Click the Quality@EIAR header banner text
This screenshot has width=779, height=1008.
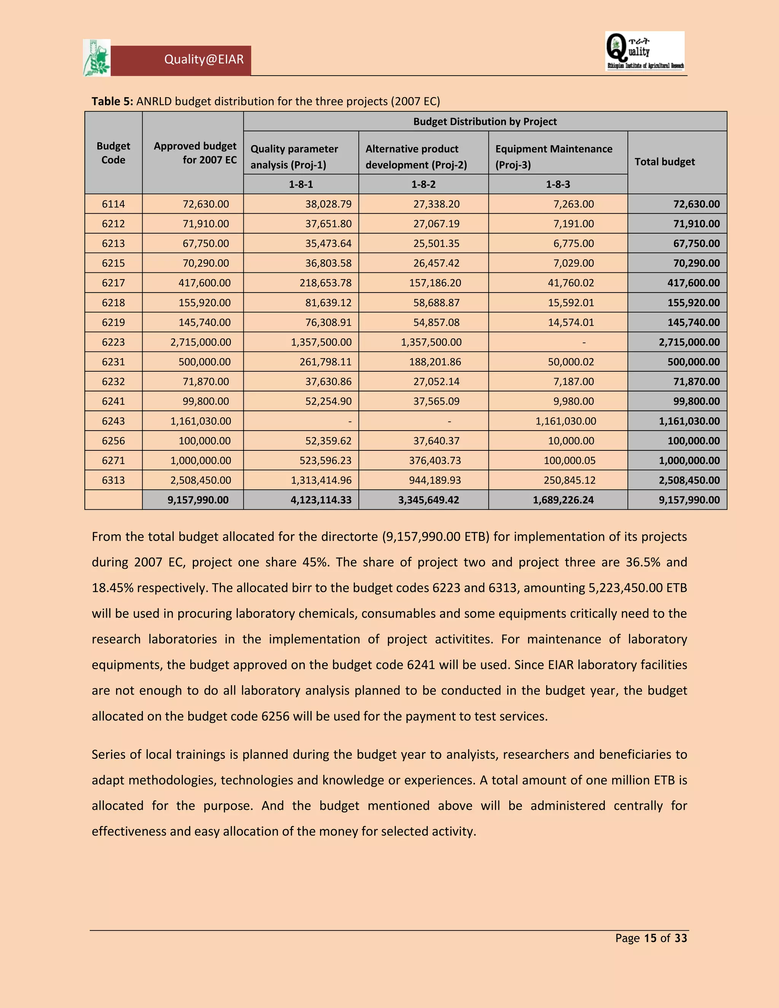click(203, 60)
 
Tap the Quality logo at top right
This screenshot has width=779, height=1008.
click(645, 51)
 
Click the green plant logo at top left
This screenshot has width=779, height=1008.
click(97, 58)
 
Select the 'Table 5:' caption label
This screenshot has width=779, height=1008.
click(112, 102)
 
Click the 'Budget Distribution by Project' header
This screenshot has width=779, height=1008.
click(485, 121)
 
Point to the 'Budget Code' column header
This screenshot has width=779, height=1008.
click(113, 153)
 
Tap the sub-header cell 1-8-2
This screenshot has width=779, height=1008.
click(423, 184)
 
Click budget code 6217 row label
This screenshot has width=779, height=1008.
click(113, 283)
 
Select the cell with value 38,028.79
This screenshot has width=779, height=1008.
click(328, 204)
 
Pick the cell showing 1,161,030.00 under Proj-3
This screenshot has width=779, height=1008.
click(565, 421)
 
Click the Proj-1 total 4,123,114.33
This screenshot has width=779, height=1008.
click(321, 500)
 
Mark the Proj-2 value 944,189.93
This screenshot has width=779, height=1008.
click(434, 480)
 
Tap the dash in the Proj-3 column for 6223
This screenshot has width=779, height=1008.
click(584, 342)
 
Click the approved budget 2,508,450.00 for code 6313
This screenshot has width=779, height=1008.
click(200, 480)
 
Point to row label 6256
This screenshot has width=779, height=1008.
click(113, 441)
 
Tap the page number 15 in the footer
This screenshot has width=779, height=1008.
click(650, 938)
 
